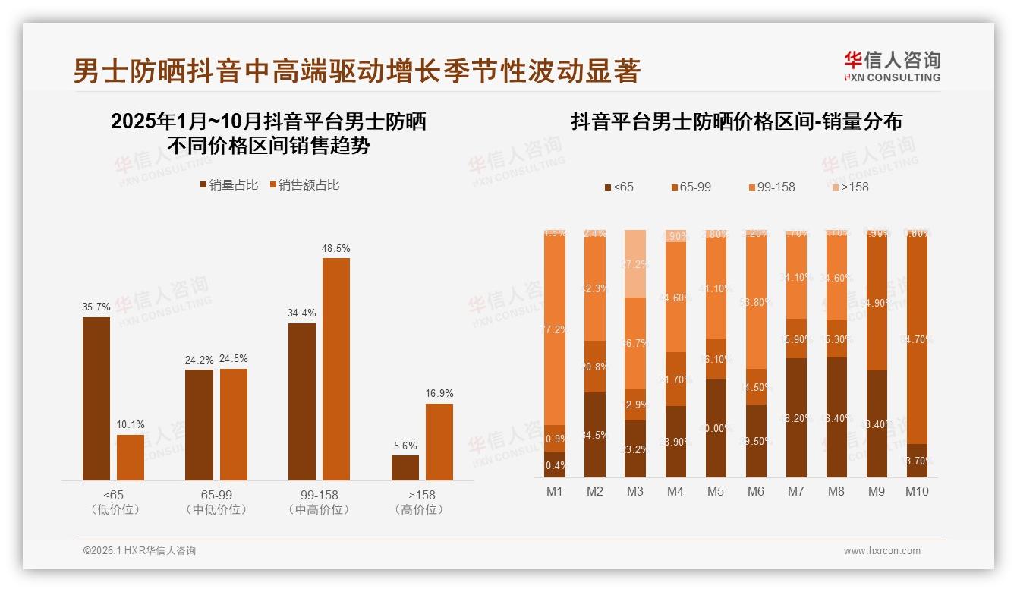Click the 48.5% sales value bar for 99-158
pos(336,369)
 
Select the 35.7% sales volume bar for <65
pos(96,398)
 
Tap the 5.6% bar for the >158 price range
pos(405,468)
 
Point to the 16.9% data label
pos(439,393)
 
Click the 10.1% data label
pos(131,424)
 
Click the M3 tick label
pos(635,491)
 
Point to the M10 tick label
pos(917,491)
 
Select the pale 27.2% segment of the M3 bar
pos(635,263)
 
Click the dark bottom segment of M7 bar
pos(796,417)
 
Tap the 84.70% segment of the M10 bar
pos(917,338)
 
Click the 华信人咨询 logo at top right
pos(892,66)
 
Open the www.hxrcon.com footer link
pos(882,551)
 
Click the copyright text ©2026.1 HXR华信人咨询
pos(140,551)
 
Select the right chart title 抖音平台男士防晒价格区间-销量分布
pos(736,121)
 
